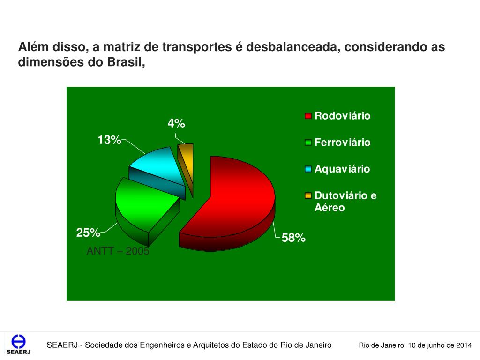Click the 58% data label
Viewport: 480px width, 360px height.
click(293, 238)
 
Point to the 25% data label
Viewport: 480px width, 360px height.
click(88, 232)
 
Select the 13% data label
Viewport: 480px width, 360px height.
click(109, 140)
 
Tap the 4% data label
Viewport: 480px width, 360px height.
click(176, 124)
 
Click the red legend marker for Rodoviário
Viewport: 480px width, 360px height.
click(308, 116)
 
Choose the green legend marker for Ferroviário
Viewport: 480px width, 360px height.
click(308, 142)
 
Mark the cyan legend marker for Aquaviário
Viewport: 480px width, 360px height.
click(308, 169)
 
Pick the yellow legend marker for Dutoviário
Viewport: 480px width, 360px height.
click(308, 195)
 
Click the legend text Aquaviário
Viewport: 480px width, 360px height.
click(342, 169)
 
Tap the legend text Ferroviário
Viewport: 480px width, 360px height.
click(342, 142)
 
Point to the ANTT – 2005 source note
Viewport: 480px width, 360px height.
click(118, 251)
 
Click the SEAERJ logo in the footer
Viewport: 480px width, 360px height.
click(18, 345)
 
